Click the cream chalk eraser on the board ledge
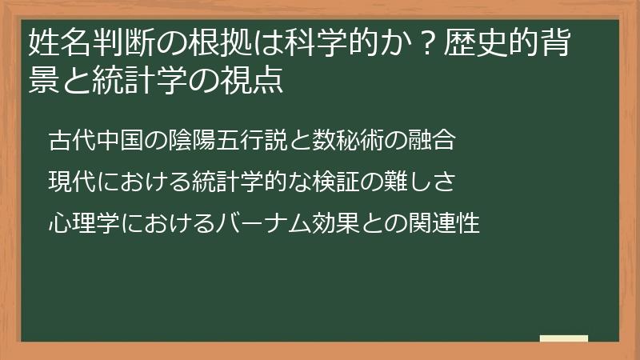tap(563, 338)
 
